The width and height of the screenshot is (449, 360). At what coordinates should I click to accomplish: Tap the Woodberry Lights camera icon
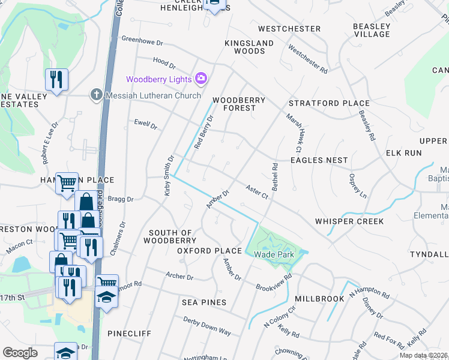coord(201,79)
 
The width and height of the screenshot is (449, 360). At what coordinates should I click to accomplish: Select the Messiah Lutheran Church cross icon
coord(96,94)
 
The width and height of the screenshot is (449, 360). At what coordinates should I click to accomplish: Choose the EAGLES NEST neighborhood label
coord(319,160)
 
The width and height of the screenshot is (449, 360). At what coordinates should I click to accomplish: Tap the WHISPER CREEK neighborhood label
coord(349,221)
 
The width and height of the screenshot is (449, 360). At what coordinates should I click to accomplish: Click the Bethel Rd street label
coord(275,177)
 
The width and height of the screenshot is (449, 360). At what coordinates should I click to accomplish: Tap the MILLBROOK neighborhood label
coord(319,298)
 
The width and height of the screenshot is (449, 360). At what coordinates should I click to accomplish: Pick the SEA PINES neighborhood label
coord(204,302)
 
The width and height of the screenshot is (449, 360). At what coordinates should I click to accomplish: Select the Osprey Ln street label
coord(357,186)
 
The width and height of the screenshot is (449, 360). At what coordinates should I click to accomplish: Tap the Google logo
coord(20,353)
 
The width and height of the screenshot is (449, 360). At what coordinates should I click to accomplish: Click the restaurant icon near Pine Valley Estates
coord(56,80)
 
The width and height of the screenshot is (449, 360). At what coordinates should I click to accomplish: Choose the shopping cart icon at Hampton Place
coord(67,182)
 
